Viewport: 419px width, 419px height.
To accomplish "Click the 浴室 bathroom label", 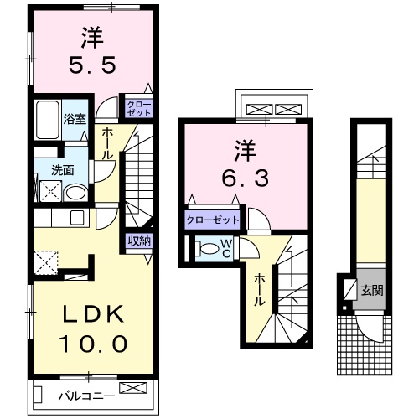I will click(x=75, y=118).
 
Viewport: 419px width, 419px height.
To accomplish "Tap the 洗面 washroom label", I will click(x=62, y=169).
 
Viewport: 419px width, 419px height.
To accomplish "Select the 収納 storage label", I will click(x=139, y=241).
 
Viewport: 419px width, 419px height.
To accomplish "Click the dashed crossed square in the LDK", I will click(x=47, y=262).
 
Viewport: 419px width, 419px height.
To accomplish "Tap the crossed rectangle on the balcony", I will click(x=132, y=387).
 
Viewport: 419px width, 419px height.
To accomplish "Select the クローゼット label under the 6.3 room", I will click(x=212, y=220).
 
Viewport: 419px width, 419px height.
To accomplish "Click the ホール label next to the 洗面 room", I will click(x=108, y=144).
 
